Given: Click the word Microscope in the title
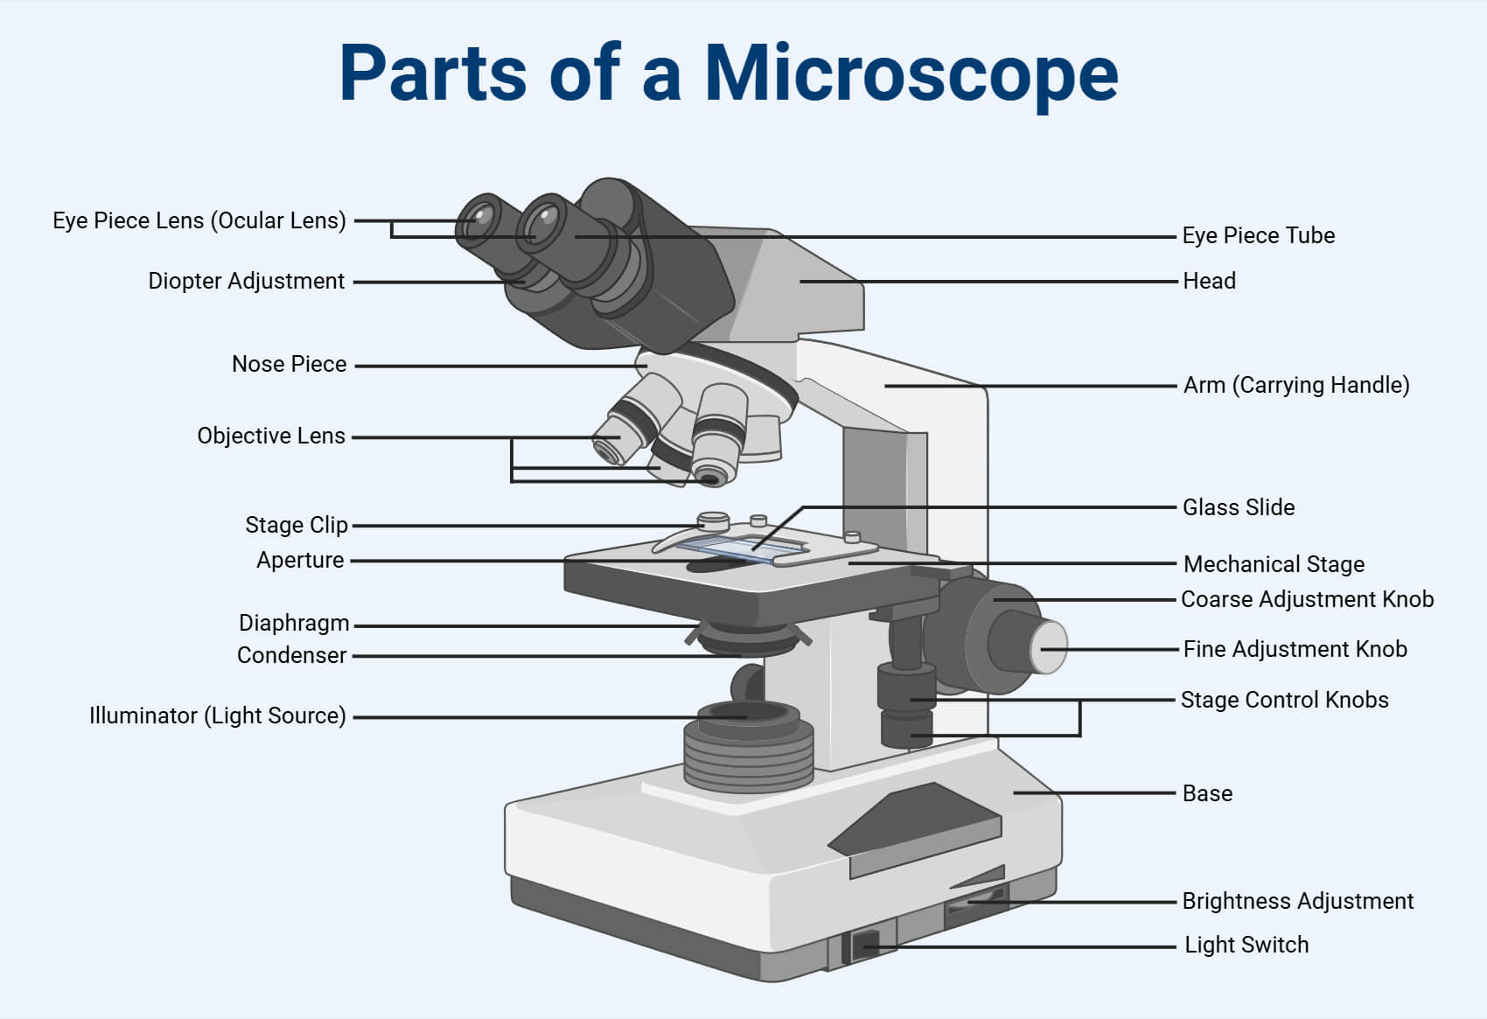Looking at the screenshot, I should pyautogui.click(x=911, y=73).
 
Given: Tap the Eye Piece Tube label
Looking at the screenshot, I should pyautogui.click(x=1258, y=235).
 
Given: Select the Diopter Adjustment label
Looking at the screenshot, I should pyautogui.click(x=246, y=281).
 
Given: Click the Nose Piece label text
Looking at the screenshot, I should pyautogui.click(x=289, y=364).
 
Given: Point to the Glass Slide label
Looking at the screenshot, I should pyautogui.click(x=1238, y=507).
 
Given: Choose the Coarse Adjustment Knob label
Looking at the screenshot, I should pyautogui.click(x=1307, y=599).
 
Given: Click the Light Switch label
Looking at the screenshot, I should pyautogui.click(x=1246, y=945).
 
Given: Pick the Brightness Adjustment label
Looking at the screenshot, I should pyautogui.click(x=1297, y=901).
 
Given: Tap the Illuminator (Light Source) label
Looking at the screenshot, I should pyautogui.click(x=217, y=715).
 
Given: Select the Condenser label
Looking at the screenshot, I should pyautogui.click(x=291, y=655).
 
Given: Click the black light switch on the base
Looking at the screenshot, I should pyautogui.click(x=864, y=945).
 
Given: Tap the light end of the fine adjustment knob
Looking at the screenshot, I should pyautogui.click(x=1051, y=647).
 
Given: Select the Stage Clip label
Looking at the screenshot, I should pyautogui.click(x=296, y=525).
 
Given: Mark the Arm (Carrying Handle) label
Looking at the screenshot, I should pyautogui.click(x=1295, y=385).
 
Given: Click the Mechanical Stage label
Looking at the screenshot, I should pyautogui.click(x=1273, y=564).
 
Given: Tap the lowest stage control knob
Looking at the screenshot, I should pyautogui.click(x=906, y=729).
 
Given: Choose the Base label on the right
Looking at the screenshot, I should pyautogui.click(x=1206, y=793).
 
